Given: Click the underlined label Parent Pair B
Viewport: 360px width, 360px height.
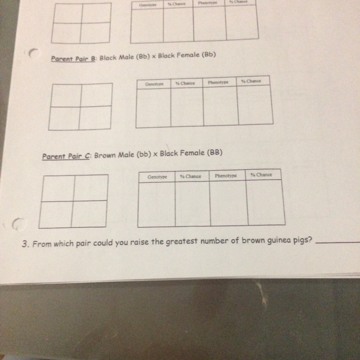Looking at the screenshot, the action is (x=73, y=58).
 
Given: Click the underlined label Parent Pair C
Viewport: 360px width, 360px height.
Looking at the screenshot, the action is (x=66, y=156).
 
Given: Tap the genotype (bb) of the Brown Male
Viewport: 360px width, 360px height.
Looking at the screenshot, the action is (x=144, y=155).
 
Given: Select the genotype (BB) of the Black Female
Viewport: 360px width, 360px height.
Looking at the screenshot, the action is (x=215, y=152).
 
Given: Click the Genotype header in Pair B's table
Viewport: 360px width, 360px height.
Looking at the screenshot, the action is (x=154, y=84).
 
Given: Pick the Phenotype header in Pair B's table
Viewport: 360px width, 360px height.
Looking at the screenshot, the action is (x=218, y=82).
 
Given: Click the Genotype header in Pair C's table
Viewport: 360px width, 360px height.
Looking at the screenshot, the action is (x=157, y=177).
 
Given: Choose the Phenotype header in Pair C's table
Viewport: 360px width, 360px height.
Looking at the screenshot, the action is (x=226, y=175).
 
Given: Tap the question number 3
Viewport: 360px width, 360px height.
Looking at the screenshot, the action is (x=25, y=244).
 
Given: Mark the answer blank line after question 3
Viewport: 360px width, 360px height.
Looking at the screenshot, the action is (x=337, y=242).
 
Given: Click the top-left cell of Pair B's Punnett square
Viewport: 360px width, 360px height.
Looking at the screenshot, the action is (x=66, y=96).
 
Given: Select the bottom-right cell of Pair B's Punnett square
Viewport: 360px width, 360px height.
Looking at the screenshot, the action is (x=95, y=118).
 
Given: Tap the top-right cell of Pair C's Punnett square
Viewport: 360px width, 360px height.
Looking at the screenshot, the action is (x=91, y=188).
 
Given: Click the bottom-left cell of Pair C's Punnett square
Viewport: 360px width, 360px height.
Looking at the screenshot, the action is (x=55, y=215).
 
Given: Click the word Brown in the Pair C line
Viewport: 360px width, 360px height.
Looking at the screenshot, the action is (x=105, y=155).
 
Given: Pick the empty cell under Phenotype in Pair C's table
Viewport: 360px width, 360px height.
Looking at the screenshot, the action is (x=229, y=203).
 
